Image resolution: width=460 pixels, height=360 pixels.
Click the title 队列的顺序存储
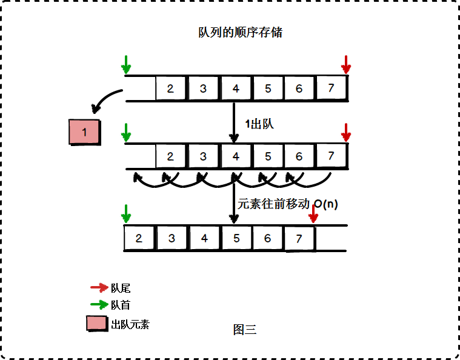pos(241,33)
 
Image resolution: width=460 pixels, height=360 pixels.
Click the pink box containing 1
pos(85,132)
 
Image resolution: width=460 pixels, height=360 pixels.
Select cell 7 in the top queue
pos(331,88)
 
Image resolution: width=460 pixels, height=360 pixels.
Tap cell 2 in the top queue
pos(170,88)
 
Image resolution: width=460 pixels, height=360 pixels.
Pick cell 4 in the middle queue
pos(236,156)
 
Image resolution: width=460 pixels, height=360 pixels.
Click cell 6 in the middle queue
pos(299,156)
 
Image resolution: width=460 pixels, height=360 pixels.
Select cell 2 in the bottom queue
pos(139,238)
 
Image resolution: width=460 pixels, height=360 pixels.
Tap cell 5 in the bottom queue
pos(236,238)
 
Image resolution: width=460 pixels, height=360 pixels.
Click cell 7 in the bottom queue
pos(299,238)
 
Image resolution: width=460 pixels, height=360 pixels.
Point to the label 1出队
pos(260,124)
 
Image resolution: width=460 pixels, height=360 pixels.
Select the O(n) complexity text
pos(326,204)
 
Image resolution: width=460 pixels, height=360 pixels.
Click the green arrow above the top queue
pos(126,64)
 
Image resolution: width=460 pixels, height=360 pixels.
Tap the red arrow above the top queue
pos(345,64)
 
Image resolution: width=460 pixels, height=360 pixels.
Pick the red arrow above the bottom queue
pos(313,213)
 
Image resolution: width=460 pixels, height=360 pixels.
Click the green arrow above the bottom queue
pos(126,213)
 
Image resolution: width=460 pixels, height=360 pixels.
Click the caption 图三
pos(245,330)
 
